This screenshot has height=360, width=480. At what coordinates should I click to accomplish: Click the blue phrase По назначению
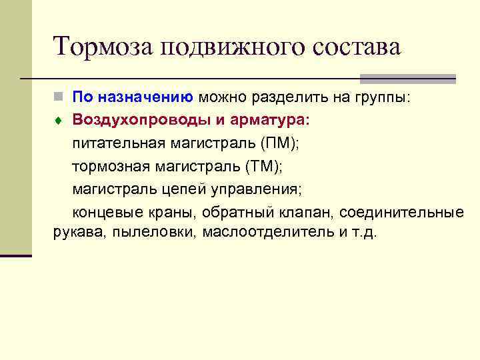pos(133,97)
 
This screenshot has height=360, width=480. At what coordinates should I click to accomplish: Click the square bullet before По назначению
pos(59,97)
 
